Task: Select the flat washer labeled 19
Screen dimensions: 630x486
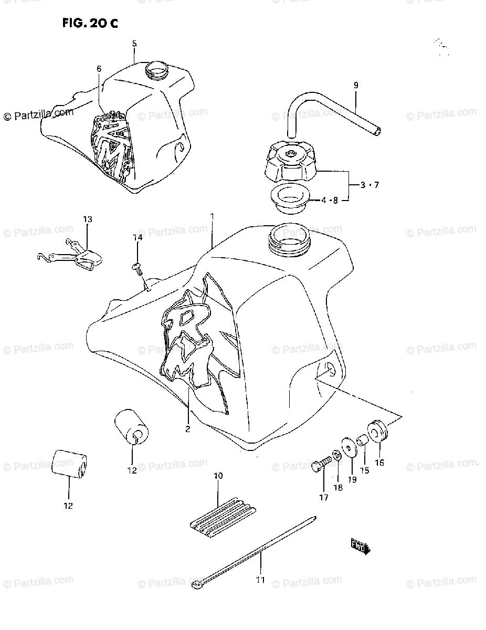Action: click(348, 447)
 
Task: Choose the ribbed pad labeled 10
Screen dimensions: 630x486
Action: click(220, 516)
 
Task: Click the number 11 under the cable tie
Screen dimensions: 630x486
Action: click(261, 580)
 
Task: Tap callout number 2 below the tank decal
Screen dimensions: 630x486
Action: click(187, 428)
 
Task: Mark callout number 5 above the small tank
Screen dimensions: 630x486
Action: click(134, 44)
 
